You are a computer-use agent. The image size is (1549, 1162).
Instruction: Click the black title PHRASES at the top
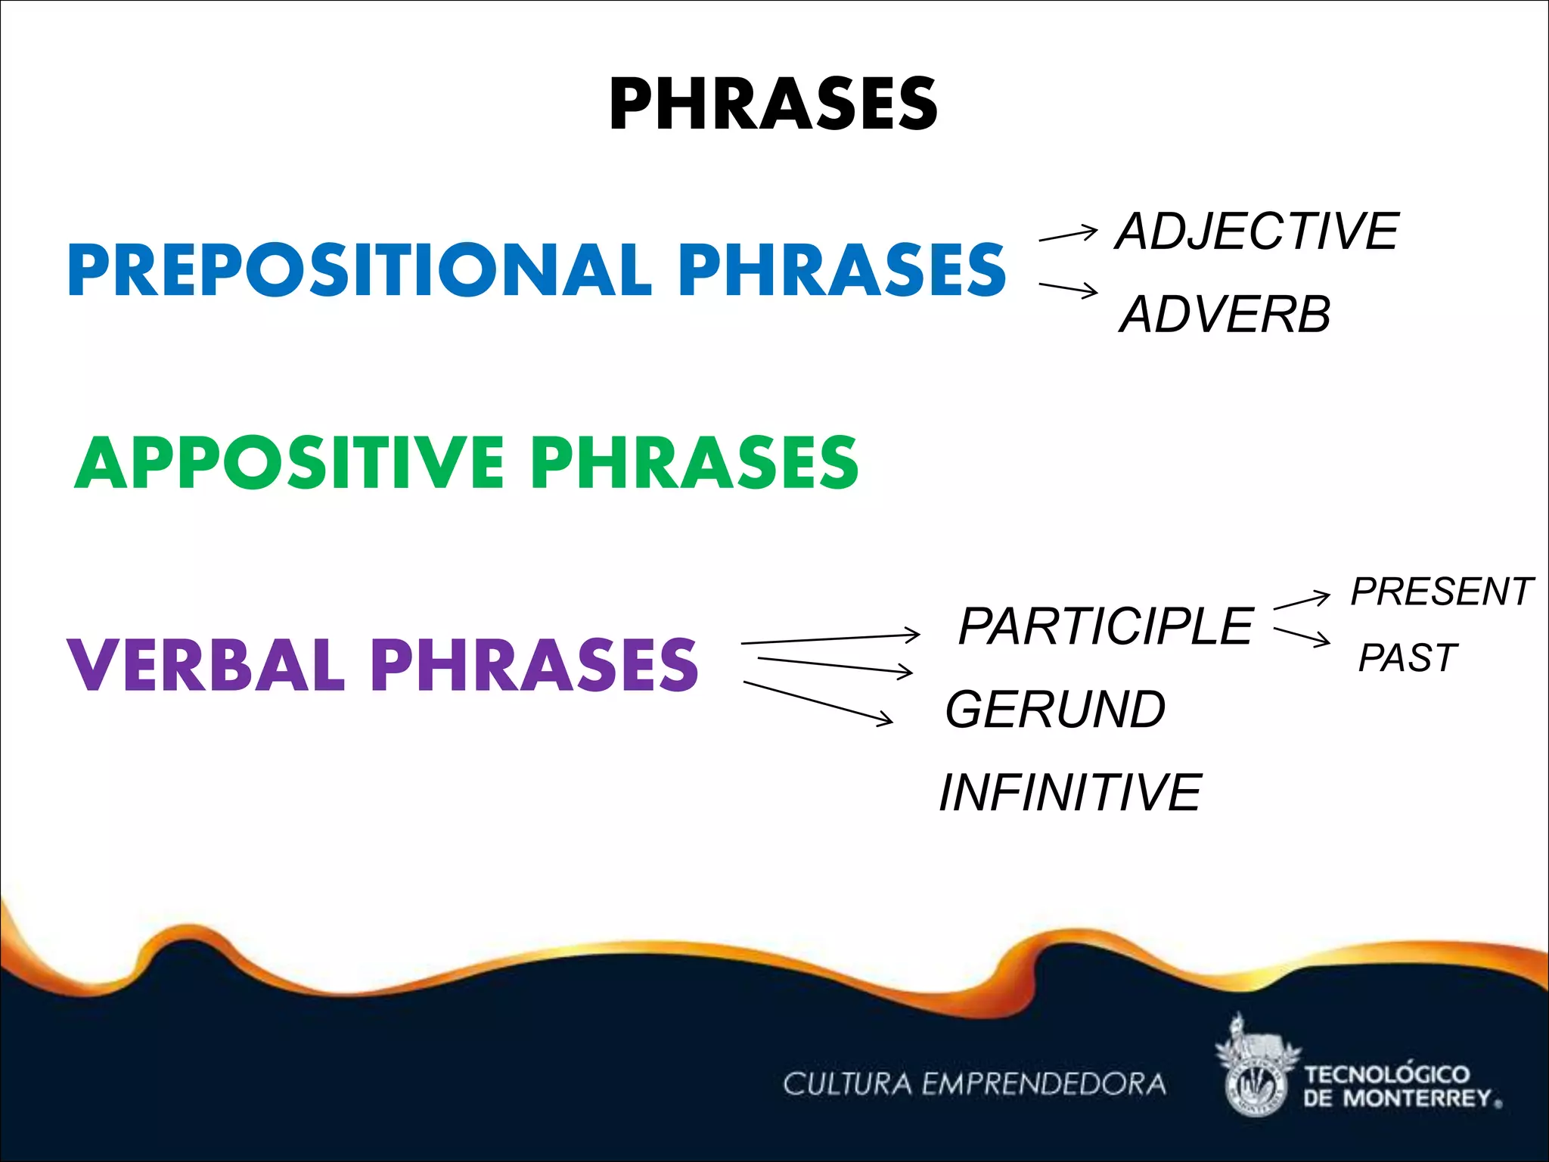pyautogui.click(x=773, y=104)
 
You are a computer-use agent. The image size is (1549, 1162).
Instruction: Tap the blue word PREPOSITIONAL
pyautogui.click(x=359, y=270)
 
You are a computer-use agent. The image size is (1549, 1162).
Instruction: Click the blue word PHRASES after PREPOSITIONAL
pyautogui.click(x=842, y=270)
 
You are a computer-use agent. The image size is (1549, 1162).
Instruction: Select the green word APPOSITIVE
pyautogui.click(x=290, y=463)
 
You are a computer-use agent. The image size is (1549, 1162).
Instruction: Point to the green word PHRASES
pyautogui.click(x=694, y=463)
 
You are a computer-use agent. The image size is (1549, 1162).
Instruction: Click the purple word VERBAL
pyautogui.click(x=206, y=665)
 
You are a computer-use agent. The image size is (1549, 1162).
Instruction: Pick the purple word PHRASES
pyautogui.click(x=534, y=665)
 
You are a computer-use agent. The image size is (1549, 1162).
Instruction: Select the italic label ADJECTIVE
pyautogui.click(x=1257, y=231)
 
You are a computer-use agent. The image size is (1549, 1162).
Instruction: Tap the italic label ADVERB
pyautogui.click(x=1225, y=315)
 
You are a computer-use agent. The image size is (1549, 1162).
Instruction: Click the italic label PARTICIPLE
pyautogui.click(x=1106, y=626)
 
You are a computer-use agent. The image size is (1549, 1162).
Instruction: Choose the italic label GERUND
pyautogui.click(x=1056, y=710)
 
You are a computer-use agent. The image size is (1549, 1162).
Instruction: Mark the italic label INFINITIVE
pyautogui.click(x=1069, y=793)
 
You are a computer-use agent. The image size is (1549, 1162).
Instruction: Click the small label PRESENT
pyautogui.click(x=1442, y=592)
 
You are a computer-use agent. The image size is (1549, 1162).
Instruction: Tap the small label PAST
pyautogui.click(x=1407, y=657)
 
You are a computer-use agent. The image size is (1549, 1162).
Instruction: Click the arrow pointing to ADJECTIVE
pyautogui.click(x=1068, y=235)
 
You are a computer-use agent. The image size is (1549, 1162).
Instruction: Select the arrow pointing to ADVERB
pyautogui.click(x=1068, y=289)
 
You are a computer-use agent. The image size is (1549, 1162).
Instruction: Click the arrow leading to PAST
pyautogui.click(x=1301, y=636)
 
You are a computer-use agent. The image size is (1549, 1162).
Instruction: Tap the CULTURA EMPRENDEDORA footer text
pyautogui.click(x=974, y=1084)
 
